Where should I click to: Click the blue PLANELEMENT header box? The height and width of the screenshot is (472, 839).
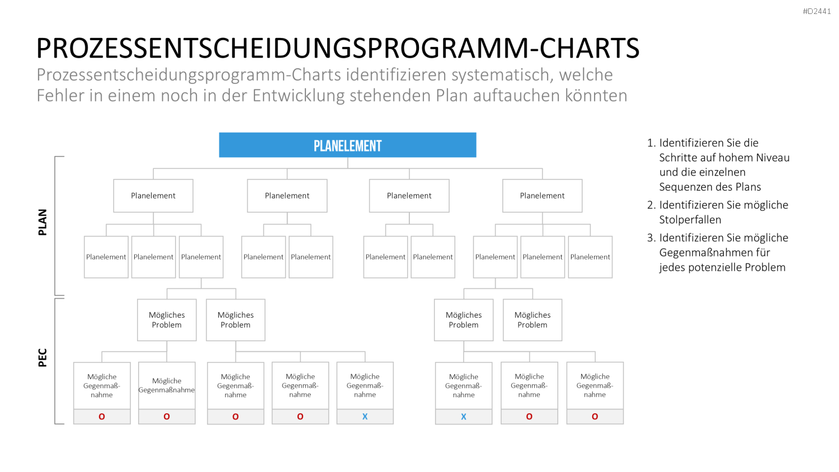pos(347,145)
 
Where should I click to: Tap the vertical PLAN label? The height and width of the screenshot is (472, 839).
pos(43,222)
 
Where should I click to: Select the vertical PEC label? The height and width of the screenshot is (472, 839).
pos(43,358)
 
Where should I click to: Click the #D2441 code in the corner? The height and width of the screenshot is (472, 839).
pos(817,11)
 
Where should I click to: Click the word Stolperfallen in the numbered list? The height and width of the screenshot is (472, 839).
pos(690,220)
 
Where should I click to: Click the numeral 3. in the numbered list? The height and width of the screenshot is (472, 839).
pos(652,238)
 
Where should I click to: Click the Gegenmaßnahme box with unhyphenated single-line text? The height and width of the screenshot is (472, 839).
pos(167,385)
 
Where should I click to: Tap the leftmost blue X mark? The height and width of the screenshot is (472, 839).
pos(365,417)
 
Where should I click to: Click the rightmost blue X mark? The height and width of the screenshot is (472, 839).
pos(464,417)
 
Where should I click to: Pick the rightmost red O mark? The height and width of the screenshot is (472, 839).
pos(595,417)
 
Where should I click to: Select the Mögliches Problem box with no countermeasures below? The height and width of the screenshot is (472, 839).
pos(532,320)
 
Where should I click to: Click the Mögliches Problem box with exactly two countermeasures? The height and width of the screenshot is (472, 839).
pos(167,320)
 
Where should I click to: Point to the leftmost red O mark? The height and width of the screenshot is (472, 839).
pos(101,417)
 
